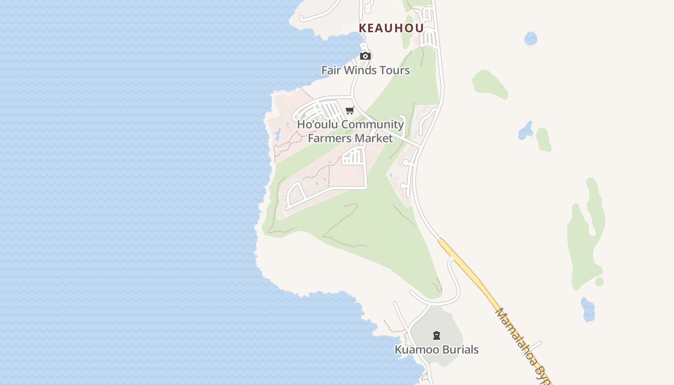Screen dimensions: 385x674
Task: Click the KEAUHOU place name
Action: [x=391, y=28]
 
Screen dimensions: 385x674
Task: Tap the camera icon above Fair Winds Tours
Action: [x=365, y=56]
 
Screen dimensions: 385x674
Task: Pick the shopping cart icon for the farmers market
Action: [x=350, y=111]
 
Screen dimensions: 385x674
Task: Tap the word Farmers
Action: [x=328, y=139]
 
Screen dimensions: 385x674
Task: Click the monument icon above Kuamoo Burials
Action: [x=437, y=335]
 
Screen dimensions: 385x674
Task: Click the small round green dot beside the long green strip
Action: [x=599, y=282]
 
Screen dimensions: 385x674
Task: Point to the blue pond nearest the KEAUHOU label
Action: [x=531, y=38]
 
